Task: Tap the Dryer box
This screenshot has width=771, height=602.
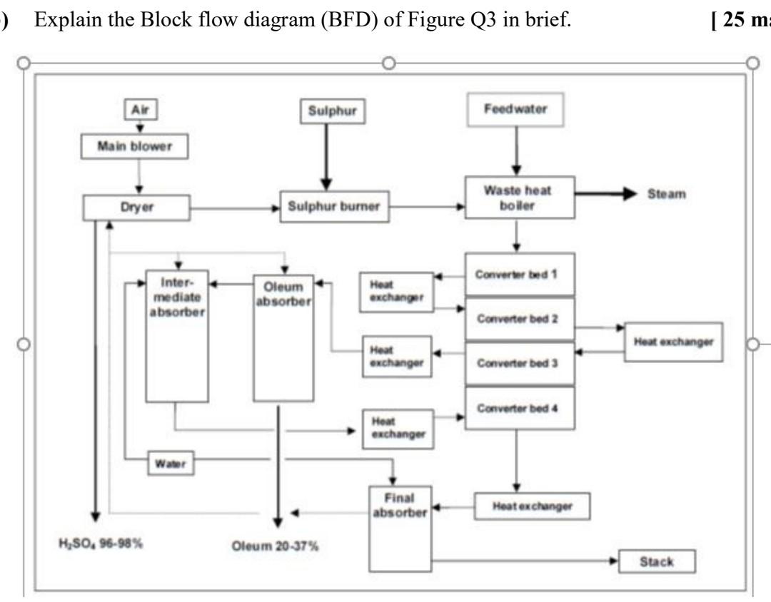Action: click(136, 208)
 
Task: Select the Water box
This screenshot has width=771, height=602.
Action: click(171, 464)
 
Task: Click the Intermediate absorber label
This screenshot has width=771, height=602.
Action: click(177, 300)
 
